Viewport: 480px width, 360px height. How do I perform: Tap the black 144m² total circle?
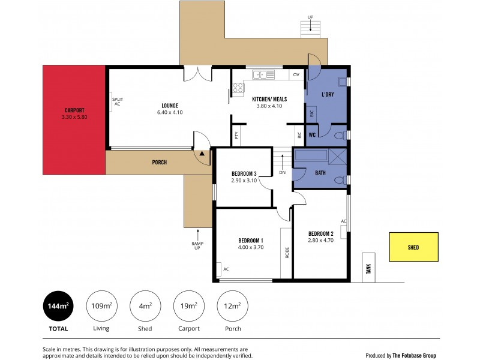tap(58, 307)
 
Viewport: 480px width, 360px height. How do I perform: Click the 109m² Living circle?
tap(101, 307)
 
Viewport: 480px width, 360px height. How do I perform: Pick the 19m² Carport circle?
tap(188, 307)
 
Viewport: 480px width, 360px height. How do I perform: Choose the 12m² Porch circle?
tap(231, 307)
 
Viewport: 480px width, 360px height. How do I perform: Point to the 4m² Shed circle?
tap(145, 307)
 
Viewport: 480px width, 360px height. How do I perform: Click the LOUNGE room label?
tap(170, 106)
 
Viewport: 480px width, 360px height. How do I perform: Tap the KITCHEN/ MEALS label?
tap(269, 99)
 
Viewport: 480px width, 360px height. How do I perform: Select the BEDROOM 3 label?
tap(244, 174)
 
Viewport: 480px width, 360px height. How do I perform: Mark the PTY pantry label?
tap(237, 136)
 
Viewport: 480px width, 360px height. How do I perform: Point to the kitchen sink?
tap(262, 74)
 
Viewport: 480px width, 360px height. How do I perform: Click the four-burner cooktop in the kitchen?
tap(238, 89)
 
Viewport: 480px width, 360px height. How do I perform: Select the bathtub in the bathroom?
tap(310, 156)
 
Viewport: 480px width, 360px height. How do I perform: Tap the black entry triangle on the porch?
tap(202, 154)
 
